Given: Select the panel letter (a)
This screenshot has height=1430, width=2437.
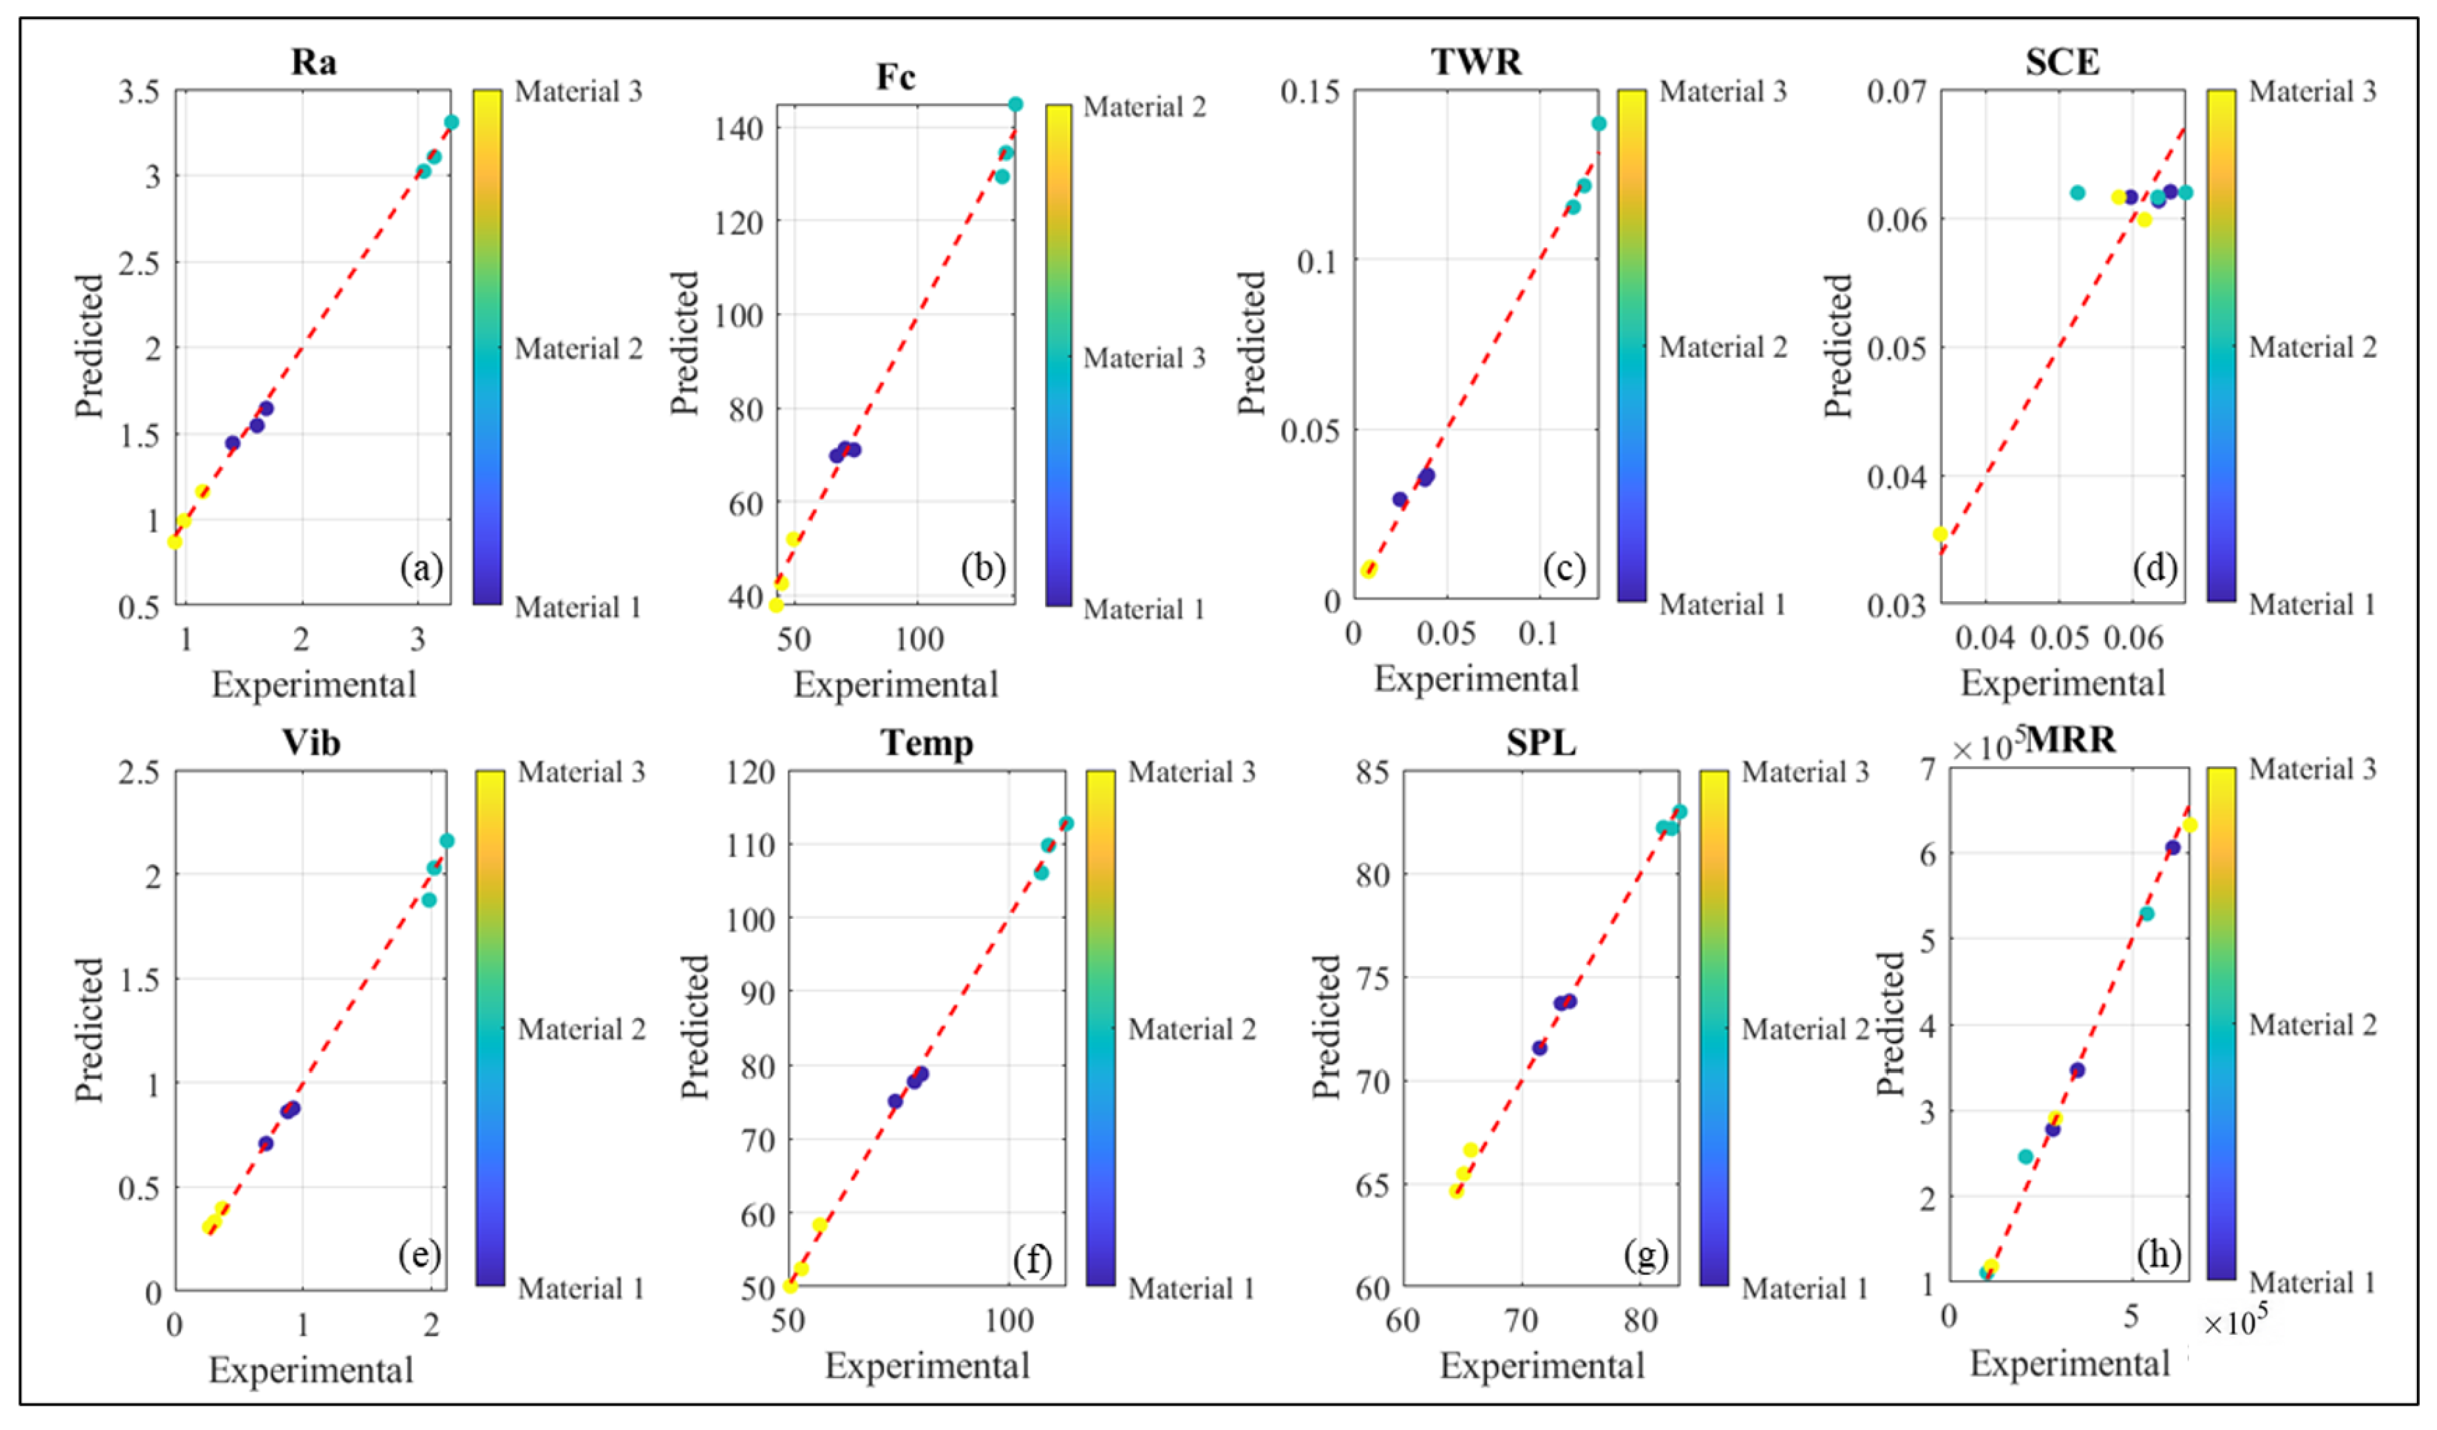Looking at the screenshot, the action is coord(422,568).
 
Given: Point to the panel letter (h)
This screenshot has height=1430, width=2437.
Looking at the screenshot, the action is coord(2159,1254).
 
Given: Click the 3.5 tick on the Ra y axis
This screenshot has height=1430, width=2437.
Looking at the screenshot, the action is coord(138,92).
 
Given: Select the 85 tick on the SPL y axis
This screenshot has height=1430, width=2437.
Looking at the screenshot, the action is coord(1372,772).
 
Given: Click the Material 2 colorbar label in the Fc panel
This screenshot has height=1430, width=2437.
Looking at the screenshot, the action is coord(1145,107).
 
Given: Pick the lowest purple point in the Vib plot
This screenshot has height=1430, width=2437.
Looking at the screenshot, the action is coord(266,1144).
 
